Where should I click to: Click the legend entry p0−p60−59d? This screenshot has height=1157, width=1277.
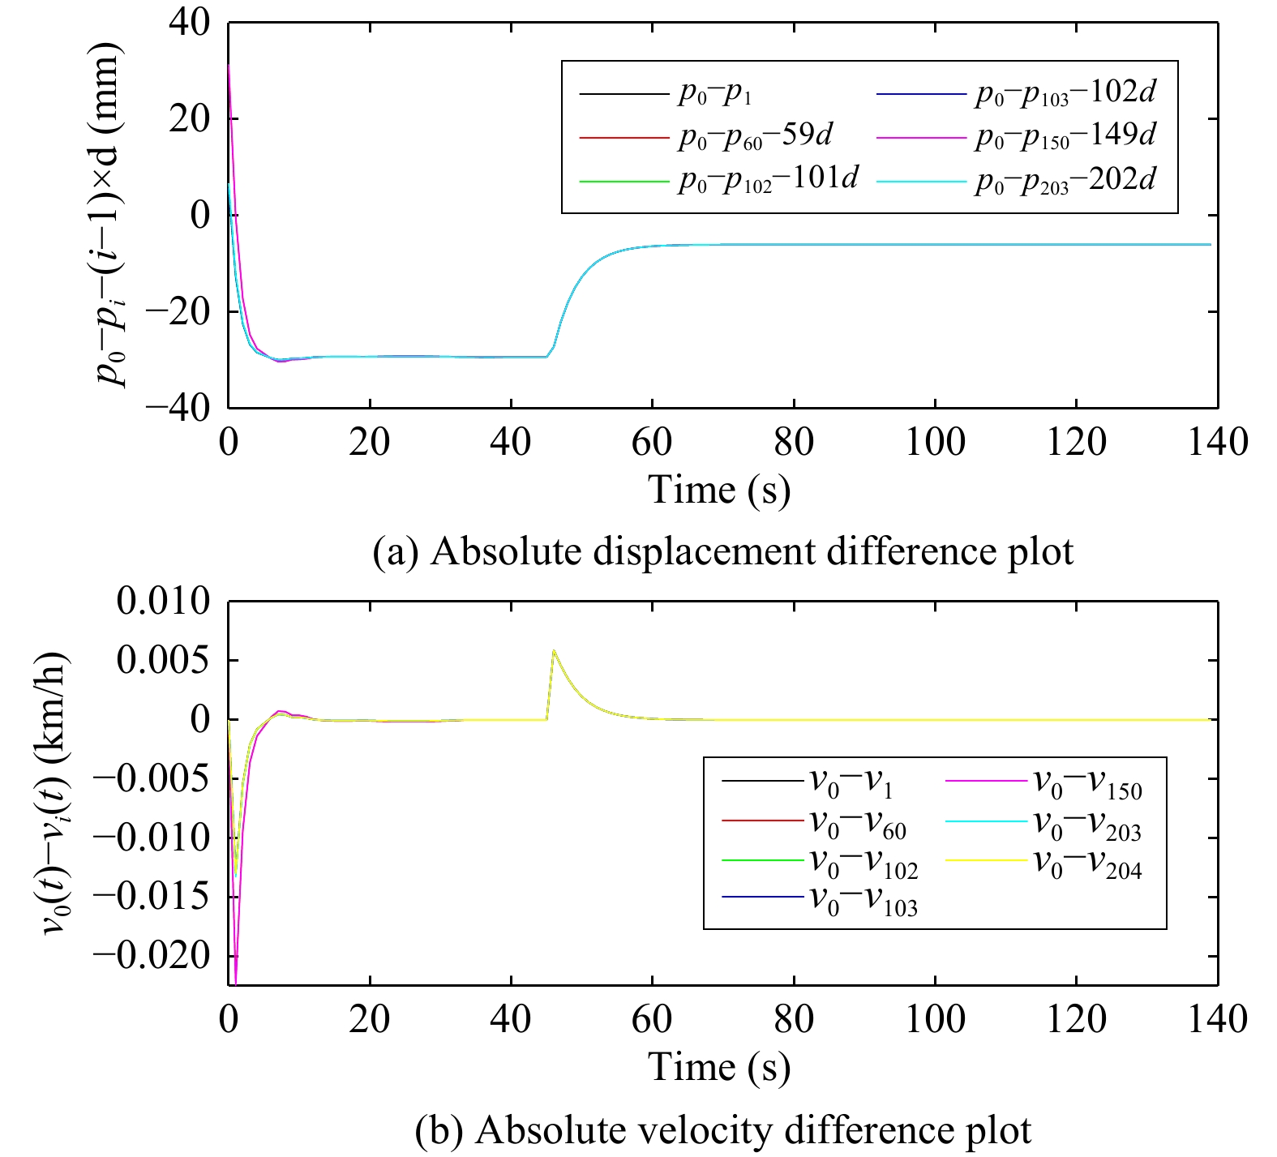coord(755,136)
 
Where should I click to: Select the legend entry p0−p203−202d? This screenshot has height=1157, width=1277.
coord(1065,180)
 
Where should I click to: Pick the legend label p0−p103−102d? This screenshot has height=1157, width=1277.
coord(1065,93)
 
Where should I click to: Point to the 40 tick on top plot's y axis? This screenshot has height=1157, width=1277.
coord(189,24)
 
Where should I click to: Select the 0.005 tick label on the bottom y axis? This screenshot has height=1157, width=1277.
coord(163,661)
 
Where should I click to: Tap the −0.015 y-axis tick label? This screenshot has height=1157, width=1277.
coord(152,897)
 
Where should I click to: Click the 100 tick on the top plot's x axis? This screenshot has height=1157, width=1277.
coord(935,444)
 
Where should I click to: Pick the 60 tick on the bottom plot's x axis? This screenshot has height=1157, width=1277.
coord(652,1019)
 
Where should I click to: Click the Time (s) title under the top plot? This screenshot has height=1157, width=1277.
coord(719,490)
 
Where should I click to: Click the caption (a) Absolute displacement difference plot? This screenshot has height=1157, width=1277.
coord(722,551)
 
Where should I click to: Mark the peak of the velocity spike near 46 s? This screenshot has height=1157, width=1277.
coord(553,650)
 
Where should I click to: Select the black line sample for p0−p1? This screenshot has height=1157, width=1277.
coord(622,95)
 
